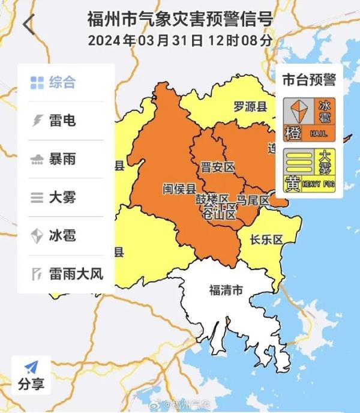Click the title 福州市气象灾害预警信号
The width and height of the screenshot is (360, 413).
tap(180, 19)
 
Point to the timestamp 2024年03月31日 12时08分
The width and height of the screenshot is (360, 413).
tap(180, 41)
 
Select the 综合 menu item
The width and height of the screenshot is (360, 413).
tap(53, 83)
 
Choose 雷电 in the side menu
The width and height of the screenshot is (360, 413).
tap(53, 121)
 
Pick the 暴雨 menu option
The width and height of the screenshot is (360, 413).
tap(53, 159)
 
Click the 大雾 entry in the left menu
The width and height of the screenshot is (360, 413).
tap(53, 197)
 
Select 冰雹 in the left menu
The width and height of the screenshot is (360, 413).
tap(53, 235)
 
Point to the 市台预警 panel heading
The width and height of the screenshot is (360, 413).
tap(309, 79)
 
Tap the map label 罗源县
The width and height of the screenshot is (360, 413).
tap(250, 107)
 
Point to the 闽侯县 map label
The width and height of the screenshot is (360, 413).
tap(179, 188)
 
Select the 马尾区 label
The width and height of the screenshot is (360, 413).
tap(253, 199)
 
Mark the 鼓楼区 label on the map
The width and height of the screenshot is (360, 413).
tap(212, 199)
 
